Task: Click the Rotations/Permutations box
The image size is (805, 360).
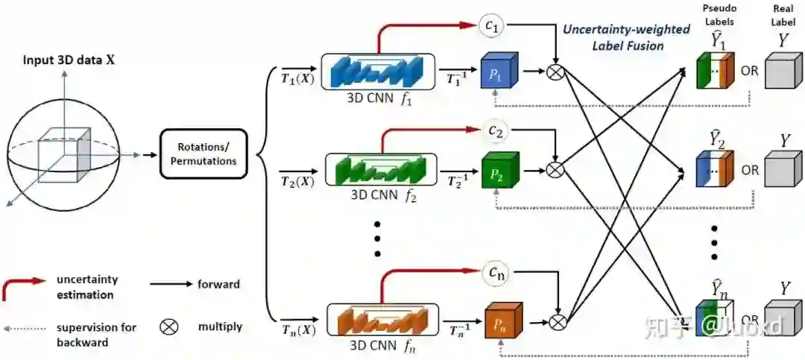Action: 203,154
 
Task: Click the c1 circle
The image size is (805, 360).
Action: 494,26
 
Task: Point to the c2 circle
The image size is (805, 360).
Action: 495,130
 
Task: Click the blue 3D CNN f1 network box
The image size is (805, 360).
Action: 378,72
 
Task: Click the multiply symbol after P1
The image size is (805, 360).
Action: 555,72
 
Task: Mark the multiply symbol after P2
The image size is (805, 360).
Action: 554,170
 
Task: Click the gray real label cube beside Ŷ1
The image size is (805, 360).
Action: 783,74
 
